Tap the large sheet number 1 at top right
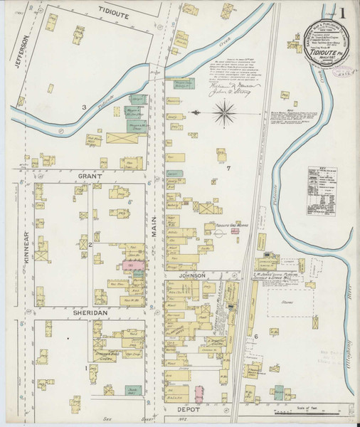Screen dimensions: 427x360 [344, 14]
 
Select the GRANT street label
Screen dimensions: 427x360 [91, 175]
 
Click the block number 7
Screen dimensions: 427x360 [228, 168]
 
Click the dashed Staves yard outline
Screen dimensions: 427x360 [292, 302]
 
